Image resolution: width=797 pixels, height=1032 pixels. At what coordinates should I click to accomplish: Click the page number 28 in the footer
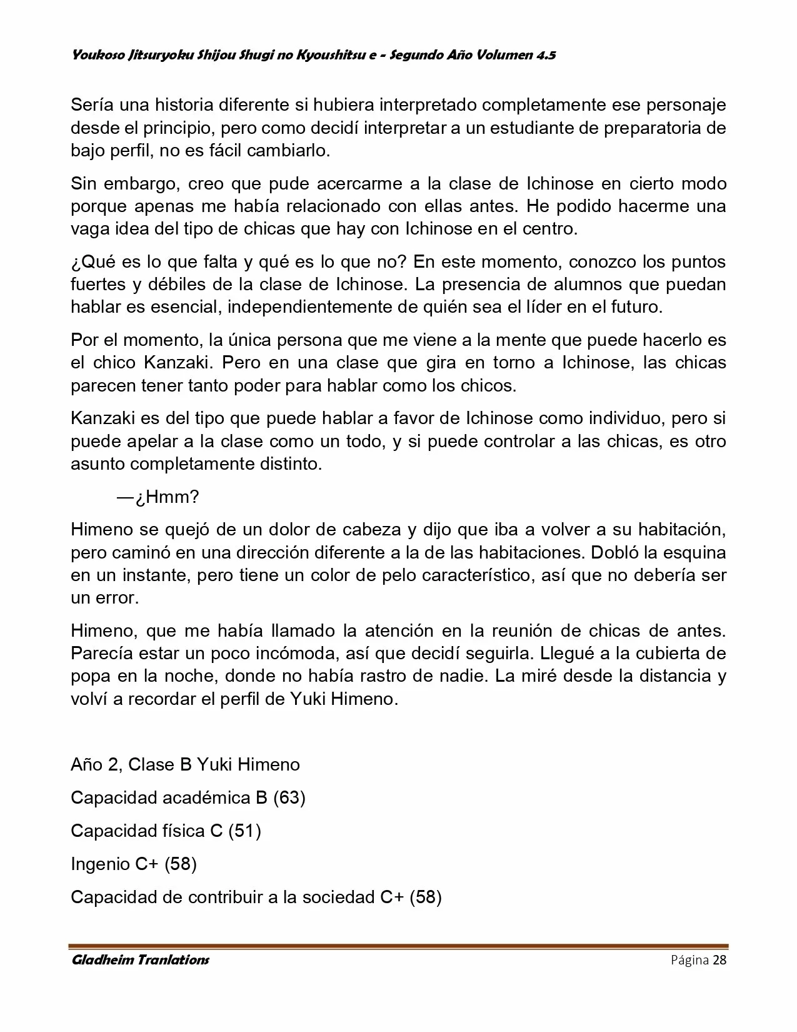[719, 960]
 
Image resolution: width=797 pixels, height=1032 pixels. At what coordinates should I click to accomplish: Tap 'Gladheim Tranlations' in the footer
[140, 960]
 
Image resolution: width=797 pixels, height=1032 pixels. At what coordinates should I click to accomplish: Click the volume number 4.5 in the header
[544, 55]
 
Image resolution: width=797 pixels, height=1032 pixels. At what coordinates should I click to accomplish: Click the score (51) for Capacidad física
[244, 831]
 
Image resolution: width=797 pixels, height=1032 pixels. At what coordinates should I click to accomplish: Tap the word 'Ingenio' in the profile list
[100, 864]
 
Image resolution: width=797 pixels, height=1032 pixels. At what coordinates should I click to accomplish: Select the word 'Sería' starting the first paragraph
[91, 105]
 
